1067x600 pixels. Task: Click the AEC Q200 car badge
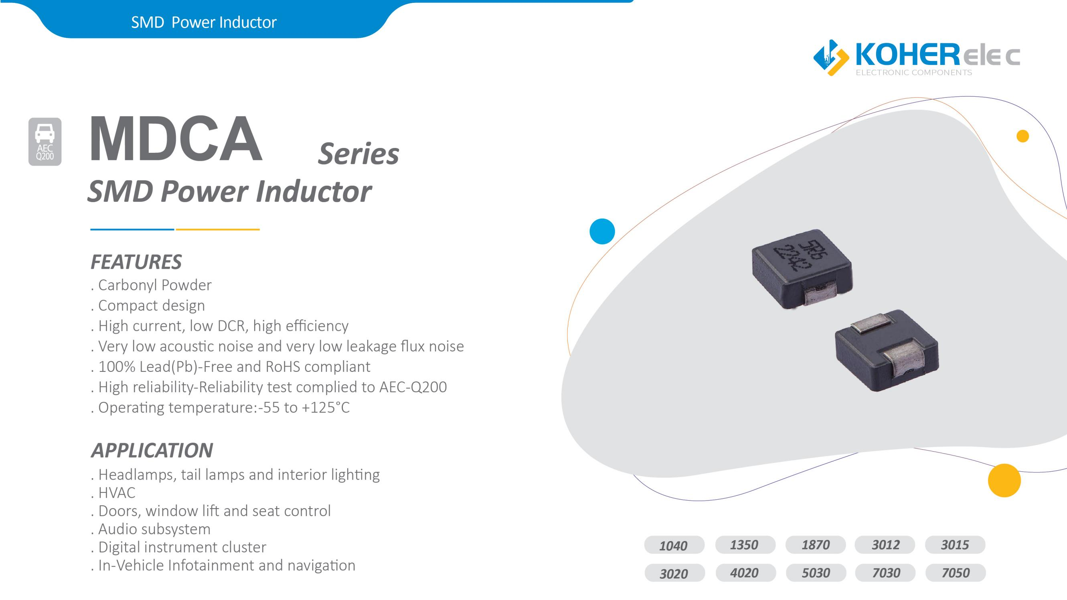click(x=45, y=142)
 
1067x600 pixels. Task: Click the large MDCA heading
click(x=176, y=139)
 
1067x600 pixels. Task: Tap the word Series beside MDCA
click(x=358, y=154)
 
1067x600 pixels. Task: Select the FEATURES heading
click(x=136, y=262)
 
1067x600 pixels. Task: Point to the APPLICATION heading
click(x=152, y=450)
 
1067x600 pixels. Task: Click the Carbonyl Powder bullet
click(x=151, y=285)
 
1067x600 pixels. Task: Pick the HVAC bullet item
click(x=113, y=493)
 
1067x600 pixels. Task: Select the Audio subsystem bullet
click(x=151, y=529)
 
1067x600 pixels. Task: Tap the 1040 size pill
click(x=674, y=545)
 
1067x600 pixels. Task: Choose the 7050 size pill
click(x=955, y=573)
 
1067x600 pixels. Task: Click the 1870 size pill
click(x=816, y=545)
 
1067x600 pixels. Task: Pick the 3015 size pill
click(x=955, y=545)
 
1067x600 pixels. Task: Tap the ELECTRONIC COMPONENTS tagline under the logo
click(x=914, y=73)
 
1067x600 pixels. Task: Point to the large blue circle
click(x=602, y=231)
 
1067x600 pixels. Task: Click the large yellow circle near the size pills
click(x=1004, y=480)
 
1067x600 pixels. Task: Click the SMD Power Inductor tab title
click(x=204, y=22)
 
